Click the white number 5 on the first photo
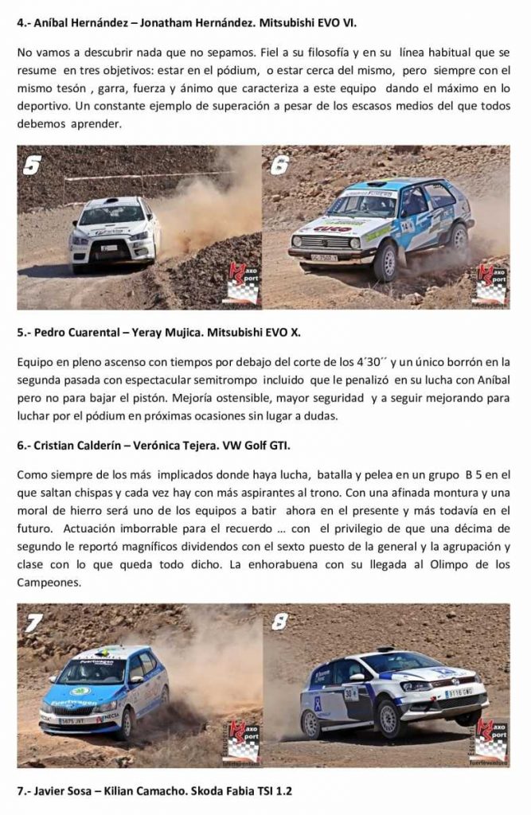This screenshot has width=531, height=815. [x=33, y=166]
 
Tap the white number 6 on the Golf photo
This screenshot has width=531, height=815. [x=279, y=166]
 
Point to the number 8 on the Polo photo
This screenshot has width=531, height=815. [x=279, y=622]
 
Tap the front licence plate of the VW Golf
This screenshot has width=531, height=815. [x=323, y=257]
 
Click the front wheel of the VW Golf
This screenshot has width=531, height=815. [x=385, y=261]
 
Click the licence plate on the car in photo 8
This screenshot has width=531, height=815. [x=459, y=693]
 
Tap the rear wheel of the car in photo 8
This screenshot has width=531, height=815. [x=311, y=724]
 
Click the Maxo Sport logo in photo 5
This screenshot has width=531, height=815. [x=244, y=284]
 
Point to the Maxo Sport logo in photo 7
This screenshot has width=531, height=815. [x=244, y=742]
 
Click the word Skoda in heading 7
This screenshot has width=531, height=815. [x=206, y=791]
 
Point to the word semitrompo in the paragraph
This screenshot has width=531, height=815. [x=227, y=380]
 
